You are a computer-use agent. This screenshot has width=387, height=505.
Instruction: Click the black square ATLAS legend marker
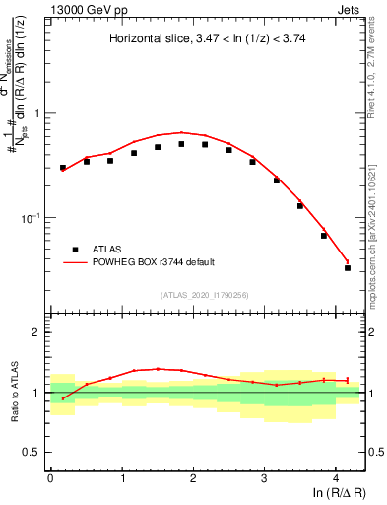(74, 250)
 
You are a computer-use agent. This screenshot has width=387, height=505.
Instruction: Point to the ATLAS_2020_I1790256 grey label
(205, 294)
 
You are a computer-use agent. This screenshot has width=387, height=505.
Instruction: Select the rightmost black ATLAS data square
(348, 268)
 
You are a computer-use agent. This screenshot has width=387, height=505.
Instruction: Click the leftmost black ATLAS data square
(63, 168)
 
